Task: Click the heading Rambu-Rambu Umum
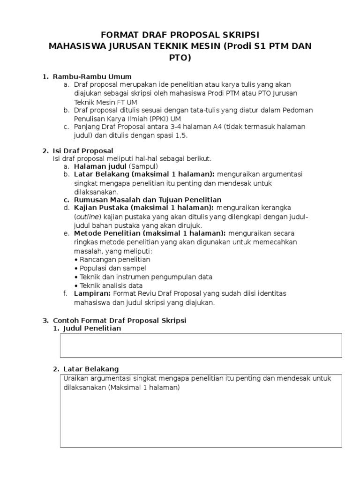pos(92,76)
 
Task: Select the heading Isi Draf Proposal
pos(83,151)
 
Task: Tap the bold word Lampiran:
pos(92,293)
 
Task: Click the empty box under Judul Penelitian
pos(201,345)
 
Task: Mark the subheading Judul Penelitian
pos(91,329)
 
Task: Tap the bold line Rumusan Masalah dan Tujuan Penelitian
pos(148,200)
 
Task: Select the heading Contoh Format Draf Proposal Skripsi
pos(120,321)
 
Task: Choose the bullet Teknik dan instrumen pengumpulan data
pos(146,277)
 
